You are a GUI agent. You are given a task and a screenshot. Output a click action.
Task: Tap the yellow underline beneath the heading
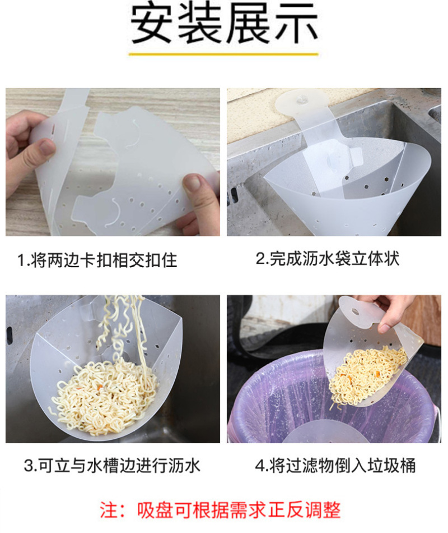(x=223, y=54)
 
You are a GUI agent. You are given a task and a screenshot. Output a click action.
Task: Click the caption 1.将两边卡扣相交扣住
(x=97, y=260)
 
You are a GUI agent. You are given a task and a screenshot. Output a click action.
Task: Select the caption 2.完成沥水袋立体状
(x=328, y=259)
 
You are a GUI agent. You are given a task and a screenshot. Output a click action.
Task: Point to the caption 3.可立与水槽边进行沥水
(x=112, y=466)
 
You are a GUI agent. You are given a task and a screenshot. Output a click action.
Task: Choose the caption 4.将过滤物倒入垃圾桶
(x=335, y=466)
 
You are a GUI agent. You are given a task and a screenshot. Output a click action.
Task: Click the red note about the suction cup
(x=220, y=510)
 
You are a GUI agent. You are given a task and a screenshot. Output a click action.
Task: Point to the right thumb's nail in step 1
(x=193, y=182)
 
